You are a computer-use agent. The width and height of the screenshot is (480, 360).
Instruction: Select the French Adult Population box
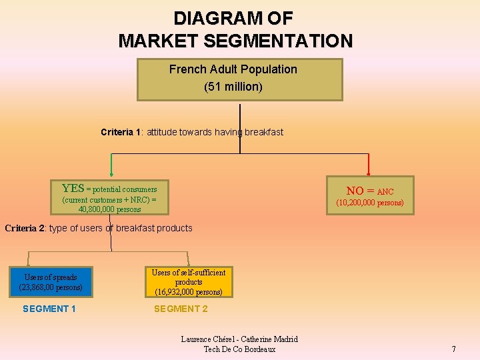[x=240, y=79]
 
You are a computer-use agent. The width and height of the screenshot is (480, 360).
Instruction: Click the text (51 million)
[x=233, y=87]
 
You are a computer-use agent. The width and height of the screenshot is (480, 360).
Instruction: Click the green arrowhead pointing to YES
[x=111, y=175]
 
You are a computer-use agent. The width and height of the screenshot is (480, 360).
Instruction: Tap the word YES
[x=73, y=189]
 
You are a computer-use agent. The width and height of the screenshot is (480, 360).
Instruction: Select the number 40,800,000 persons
[x=110, y=209]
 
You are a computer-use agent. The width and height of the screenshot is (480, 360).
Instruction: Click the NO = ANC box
[x=370, y=195]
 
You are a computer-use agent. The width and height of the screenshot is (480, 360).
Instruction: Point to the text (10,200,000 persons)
[x=370, y=203]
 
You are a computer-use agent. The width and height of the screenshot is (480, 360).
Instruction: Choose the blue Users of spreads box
[x=51, y=282]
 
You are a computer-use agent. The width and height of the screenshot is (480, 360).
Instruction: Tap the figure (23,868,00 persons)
[x=51, y=287]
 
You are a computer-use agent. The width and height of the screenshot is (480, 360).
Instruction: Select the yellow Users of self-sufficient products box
[x=189, y=282]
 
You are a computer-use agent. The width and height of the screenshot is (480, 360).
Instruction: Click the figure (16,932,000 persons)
[x=189, y=292]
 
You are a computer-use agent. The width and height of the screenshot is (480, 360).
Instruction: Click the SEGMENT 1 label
[x=49, y=309]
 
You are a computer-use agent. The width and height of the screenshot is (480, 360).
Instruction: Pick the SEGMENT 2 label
[x=181, y=309]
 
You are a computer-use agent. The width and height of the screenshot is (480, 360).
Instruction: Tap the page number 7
[x=453, y=349]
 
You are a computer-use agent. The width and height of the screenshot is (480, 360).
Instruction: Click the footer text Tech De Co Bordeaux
[x=239, y=349]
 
